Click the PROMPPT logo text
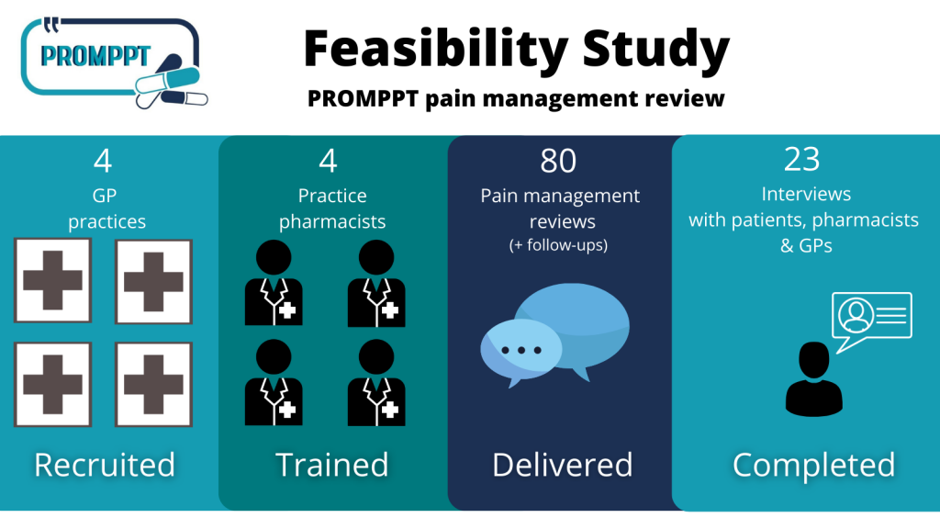point(95,56)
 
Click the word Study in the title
point(655,50)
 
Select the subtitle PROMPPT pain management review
point(516,98)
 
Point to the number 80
point(558,161)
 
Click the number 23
point(802,160)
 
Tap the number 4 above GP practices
point(103,161)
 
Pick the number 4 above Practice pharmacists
point(328,161)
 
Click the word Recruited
point(105,465)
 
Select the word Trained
point(332,465)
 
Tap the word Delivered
point(563,465)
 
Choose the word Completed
point(813,465)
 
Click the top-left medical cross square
point(52,281)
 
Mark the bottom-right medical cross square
point(153,384)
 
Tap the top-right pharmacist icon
point(376,283)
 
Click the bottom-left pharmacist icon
point(274,383)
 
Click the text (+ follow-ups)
point(558,245)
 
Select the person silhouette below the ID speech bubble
point(814,379)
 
